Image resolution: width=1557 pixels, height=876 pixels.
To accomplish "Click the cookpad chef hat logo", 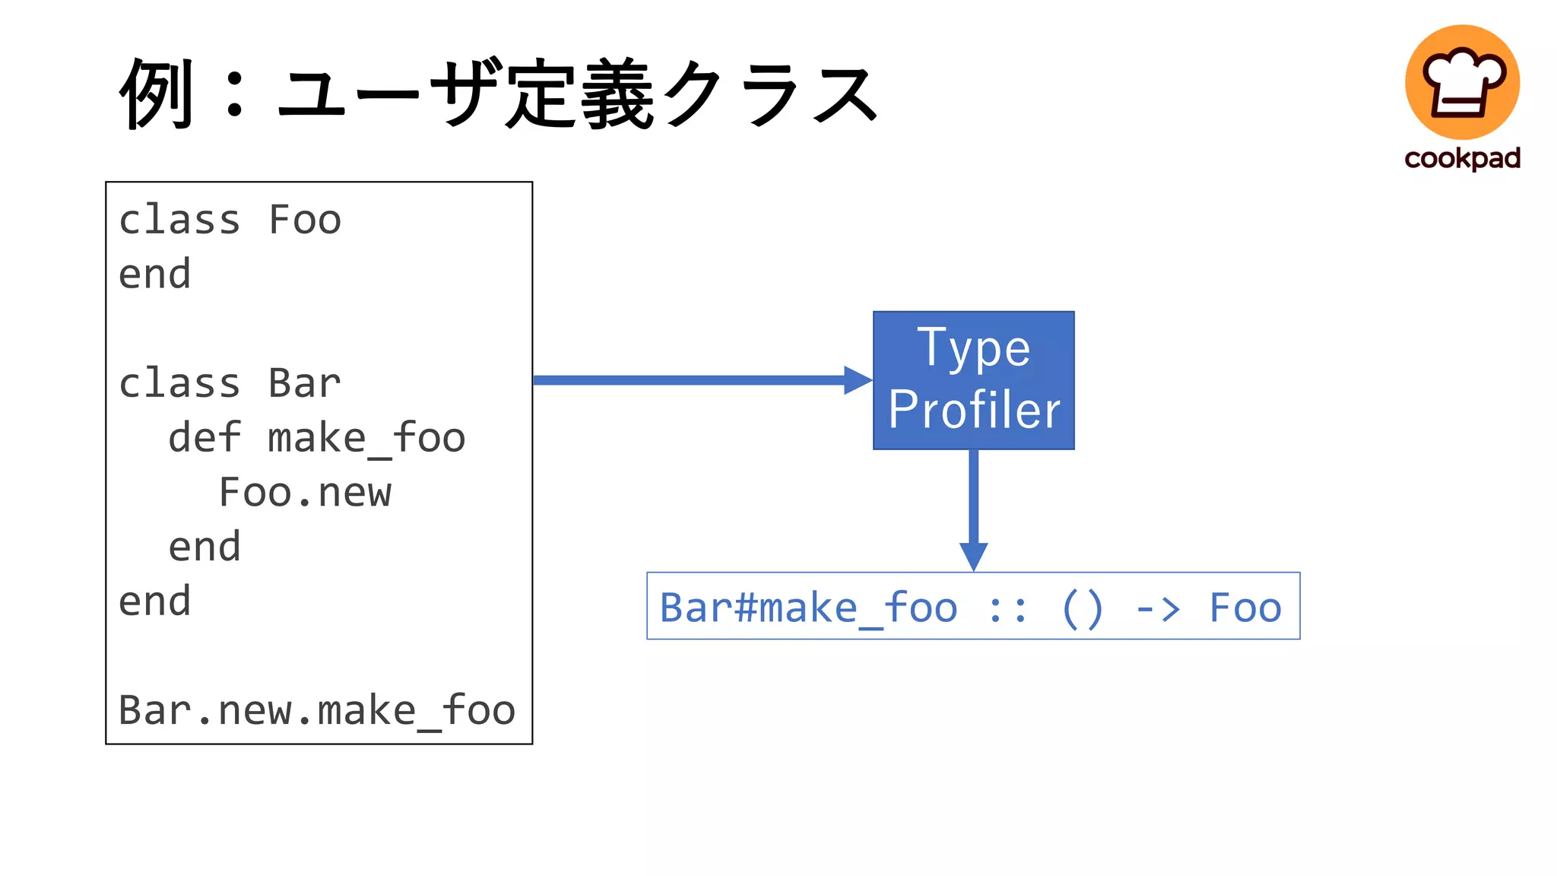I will [x=1462, y=82].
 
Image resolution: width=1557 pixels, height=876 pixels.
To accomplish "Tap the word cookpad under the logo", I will [x=1462, y=158].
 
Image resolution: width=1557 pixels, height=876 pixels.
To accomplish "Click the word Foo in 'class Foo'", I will [x=305, y=221].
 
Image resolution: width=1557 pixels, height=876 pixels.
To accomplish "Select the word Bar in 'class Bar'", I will [x=304, y=383].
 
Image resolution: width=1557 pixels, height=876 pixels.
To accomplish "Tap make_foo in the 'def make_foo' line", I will [x=366, y=439].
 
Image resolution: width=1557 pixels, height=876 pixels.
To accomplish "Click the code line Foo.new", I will [x=305, y=493].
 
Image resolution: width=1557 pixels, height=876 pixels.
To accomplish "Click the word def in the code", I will [x=205, y=438].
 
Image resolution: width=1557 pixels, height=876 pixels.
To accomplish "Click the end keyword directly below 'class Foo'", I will [x=155, y=275].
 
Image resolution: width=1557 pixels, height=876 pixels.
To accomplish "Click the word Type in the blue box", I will [x=973, y=348].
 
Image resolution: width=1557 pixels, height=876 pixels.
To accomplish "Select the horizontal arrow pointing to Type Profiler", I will [x=702, y=380].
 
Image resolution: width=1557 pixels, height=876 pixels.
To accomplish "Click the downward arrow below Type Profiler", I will [x=974, y=509].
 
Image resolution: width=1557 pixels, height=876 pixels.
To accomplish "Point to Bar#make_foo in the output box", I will [x=808, y=608].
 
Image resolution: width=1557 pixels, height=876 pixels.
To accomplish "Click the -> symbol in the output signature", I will [x=1157, y=608].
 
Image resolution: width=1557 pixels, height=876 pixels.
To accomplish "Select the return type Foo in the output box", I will [x=1245, y=608].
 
